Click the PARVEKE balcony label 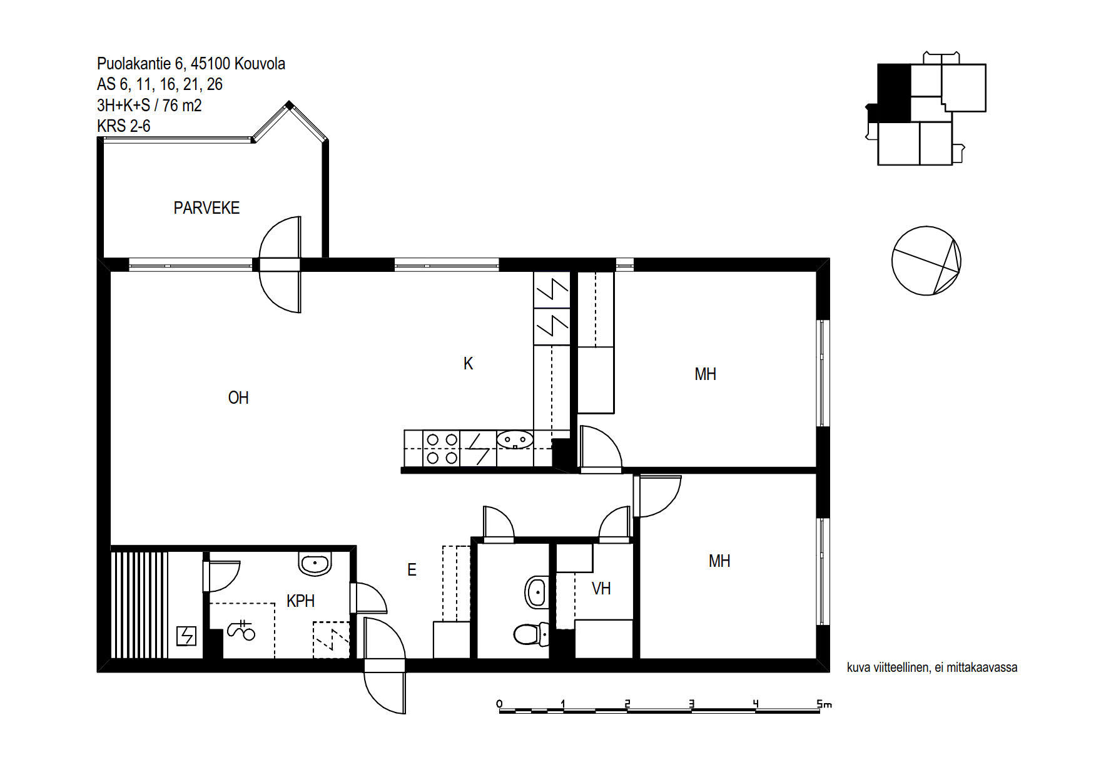pos(206,208)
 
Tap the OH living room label pos(238,398)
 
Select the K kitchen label pos(468,364)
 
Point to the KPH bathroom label pos(300,601)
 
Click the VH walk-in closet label pos(601,589)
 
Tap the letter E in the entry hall pos(412,570)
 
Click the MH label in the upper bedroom pos(705,374)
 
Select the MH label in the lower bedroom pos(719,561)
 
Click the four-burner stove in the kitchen pos(442,449)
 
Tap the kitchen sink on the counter pos(515,440)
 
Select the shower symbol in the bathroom pos(241,630)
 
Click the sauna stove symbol pos(187,636)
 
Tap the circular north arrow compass pos(926,261)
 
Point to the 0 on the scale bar pos(499,704)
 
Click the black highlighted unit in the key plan pos(894,93)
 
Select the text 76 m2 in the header pos(182,106)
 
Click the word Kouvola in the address pos(260,64)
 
